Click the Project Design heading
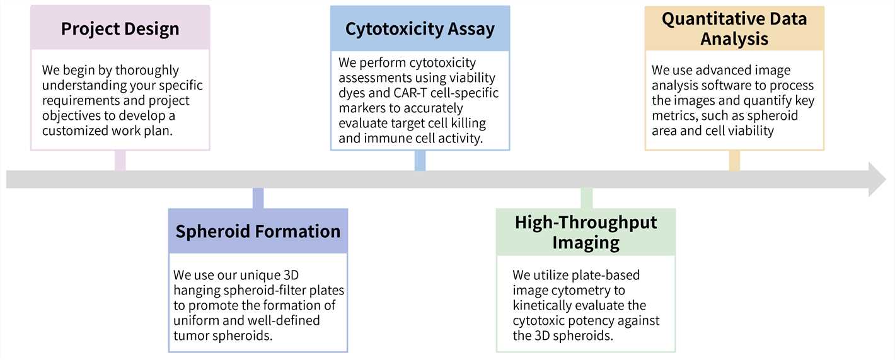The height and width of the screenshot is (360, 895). (120, 29)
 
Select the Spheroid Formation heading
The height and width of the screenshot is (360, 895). (258, 231)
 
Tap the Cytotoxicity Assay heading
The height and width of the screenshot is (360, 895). (420, 29)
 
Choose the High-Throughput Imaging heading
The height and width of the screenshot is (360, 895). (586, 232)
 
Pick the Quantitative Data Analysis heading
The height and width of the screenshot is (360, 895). (734, 28)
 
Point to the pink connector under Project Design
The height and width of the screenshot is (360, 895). (120, 160)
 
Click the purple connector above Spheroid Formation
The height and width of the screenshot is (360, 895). (258, 198)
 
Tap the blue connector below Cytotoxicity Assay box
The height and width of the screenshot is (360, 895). (420, 160)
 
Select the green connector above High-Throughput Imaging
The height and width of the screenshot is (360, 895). (586, 198)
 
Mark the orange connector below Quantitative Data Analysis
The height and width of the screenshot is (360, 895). (734, 160)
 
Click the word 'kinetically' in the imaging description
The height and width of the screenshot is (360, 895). (543, 305)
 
